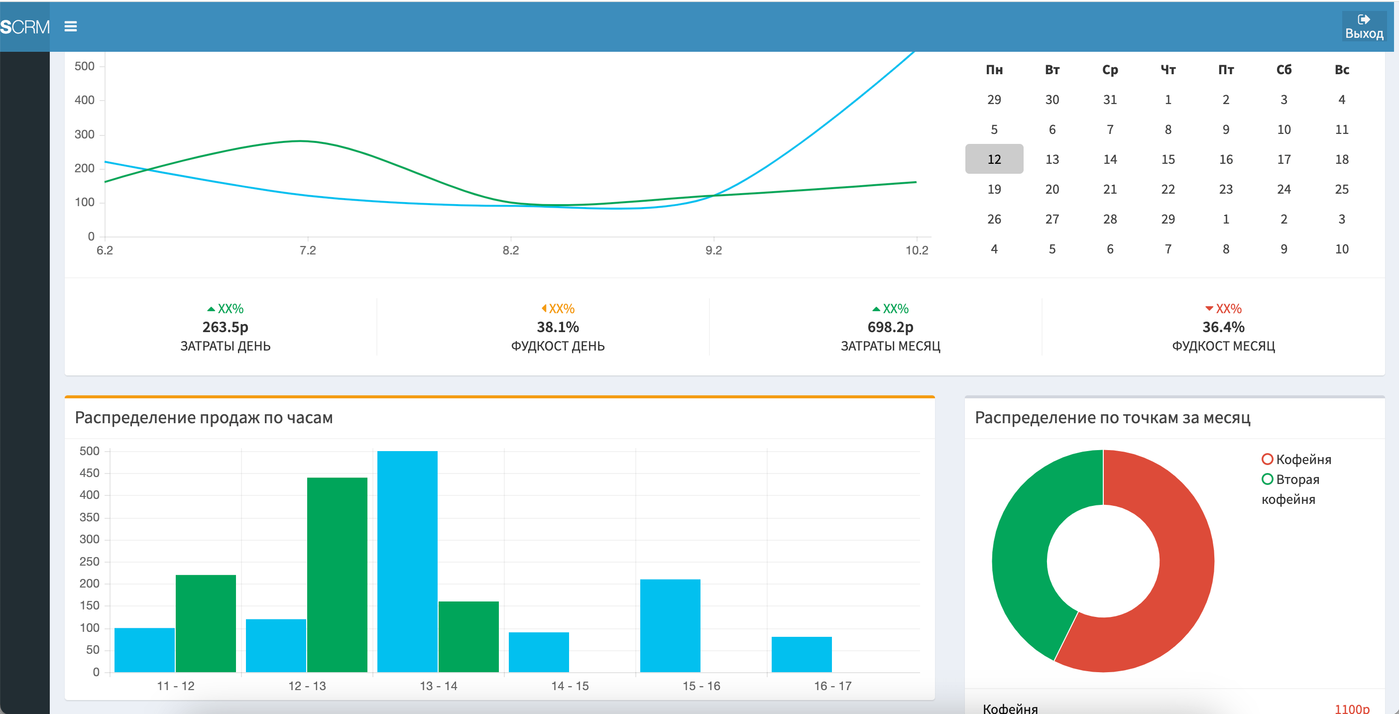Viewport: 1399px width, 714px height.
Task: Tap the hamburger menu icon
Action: click(71, 26)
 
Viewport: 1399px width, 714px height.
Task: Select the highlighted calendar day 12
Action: click(994, 159)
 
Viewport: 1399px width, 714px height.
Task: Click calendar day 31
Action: click(1110, 100)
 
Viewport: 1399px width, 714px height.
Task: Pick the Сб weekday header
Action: click(1283, 70)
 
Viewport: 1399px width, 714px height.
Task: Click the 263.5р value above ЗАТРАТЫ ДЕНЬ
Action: click(225, 327)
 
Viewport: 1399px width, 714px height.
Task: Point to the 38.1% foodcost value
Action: click(558, 327)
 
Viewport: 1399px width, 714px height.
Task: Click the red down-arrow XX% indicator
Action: click(1223, 308)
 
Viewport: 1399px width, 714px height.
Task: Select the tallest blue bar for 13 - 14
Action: click(407, 559)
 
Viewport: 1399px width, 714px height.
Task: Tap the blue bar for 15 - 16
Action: click(670, 624)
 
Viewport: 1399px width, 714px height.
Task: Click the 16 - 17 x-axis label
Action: click(832, 686)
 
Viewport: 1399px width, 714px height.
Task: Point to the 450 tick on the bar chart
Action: click(90, 473)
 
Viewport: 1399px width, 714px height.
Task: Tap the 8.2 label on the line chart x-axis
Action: click(510, 250)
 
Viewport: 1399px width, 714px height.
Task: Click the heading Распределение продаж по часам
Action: click(204, 418)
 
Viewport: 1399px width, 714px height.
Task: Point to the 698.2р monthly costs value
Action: click(890, 327)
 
